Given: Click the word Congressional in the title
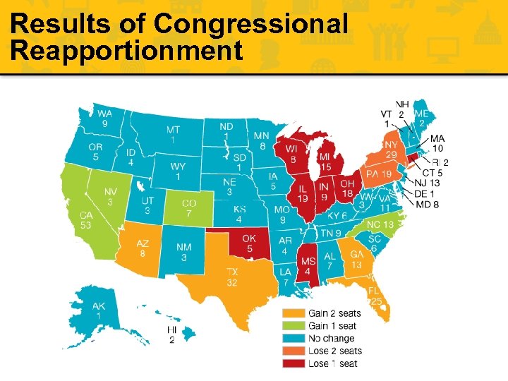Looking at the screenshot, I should coord(251,24).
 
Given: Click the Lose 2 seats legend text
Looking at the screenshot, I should coord(335,351).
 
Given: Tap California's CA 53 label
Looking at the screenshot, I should coord(86,220).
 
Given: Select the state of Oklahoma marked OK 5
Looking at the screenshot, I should coord(248,243).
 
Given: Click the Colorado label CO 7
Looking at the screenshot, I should coord(188,209).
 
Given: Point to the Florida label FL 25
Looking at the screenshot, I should coord(375,296).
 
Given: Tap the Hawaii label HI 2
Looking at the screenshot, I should coord(171,335).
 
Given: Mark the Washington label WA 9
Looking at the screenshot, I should coord(104,119).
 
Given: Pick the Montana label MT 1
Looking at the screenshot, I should coord(173,135).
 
